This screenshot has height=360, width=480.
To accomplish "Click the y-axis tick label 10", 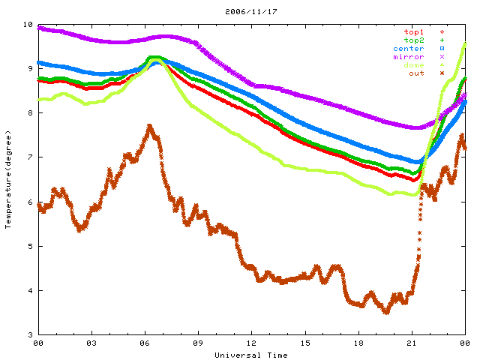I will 28,25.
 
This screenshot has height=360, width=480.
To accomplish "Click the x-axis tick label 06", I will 145,344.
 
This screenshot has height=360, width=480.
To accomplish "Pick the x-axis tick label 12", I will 252,344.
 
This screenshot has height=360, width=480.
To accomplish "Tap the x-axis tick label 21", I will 412,344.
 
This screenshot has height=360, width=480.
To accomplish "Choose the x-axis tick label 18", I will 358,344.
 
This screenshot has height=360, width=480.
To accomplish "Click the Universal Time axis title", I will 251,355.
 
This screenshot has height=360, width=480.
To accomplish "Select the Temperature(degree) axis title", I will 8,180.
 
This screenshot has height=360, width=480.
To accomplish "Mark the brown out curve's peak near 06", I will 150,127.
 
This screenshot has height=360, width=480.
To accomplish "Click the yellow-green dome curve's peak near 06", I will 154,57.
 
